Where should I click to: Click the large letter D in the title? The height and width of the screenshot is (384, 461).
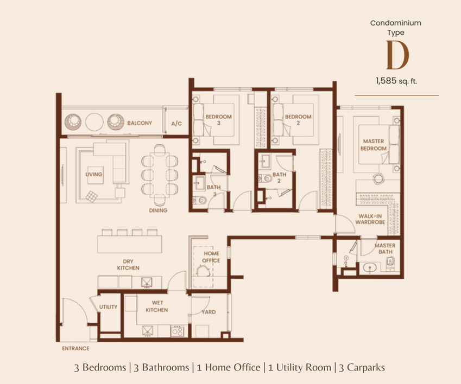pos(397,55)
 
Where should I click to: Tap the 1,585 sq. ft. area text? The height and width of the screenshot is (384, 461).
pos(396,81)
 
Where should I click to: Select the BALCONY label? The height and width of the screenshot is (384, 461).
pos(140,123)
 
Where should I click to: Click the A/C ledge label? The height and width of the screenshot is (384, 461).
pos(176,124)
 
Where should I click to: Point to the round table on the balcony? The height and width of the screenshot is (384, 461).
pos(94,122)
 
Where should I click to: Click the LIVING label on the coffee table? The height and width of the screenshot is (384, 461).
pos(94,175)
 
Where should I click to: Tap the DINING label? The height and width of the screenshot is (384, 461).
pos(158,210)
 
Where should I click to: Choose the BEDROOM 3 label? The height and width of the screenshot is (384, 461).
pos(218,120)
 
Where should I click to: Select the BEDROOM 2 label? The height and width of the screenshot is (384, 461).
pos(298,120)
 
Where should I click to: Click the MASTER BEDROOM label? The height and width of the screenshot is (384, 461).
pos(374,145)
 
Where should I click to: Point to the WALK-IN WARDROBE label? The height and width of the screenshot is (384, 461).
pos(370,219)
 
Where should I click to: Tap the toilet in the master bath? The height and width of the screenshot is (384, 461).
pos(390,261)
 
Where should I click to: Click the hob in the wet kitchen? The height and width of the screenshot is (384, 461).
pos(177,331)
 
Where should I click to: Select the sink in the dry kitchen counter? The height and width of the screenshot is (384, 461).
pos(147,283)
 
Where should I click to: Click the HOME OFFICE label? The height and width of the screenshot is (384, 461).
pos(211,257)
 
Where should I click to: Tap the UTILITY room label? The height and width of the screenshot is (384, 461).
pos(108,307)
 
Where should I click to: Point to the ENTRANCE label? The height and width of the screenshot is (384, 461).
pos(75,349)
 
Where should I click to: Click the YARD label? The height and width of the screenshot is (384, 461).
pos(209,312)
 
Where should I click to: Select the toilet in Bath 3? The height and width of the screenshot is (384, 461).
pos(202,201)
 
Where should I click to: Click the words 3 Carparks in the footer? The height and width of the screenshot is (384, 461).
pos(362,368)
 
